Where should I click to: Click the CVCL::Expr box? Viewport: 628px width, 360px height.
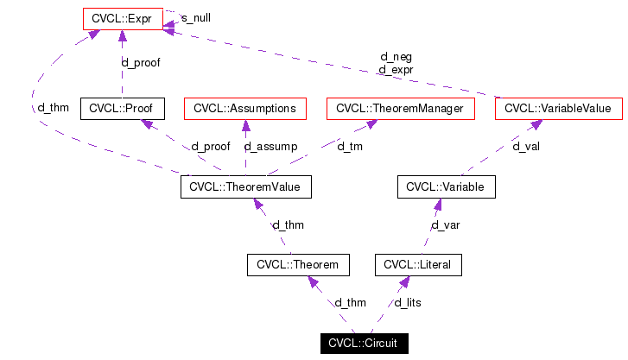(x=122, y=17)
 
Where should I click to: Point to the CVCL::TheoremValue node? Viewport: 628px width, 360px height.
(x=245, y=186)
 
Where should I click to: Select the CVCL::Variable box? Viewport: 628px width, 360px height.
(x=446, y=186)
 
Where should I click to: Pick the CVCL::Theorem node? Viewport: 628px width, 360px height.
(x=298, y=264)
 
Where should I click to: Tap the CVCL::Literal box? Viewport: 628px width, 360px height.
(x=418, y=264)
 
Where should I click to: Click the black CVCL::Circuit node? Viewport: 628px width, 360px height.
(x=363, y=344)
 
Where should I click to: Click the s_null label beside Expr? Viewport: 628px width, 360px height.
(x=195, y=17)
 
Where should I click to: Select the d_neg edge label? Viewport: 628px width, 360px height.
(x=395, y=57)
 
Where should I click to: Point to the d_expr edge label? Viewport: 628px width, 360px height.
(x=395, y=69)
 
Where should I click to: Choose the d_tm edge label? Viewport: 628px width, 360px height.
(x=350, y=147)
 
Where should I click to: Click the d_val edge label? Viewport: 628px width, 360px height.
(x=526, y=147)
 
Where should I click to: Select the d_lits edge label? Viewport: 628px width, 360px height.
(x=408, y=303)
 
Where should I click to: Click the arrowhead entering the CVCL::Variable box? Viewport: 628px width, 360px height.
(x=438, y=205)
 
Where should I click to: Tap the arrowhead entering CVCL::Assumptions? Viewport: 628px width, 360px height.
(x=245, y=126)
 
